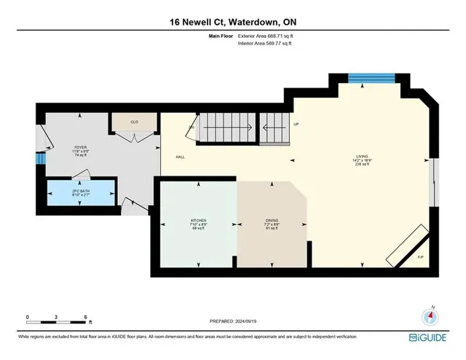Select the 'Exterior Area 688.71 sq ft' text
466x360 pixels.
(266, 36)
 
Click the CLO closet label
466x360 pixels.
(134, 122)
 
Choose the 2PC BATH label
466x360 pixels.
(81, 192)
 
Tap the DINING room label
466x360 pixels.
(272, 223)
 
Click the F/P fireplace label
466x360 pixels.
(420, 257)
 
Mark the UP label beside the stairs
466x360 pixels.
(296, 125)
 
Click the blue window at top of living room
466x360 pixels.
(371, 78)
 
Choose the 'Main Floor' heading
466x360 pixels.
(218, 36)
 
